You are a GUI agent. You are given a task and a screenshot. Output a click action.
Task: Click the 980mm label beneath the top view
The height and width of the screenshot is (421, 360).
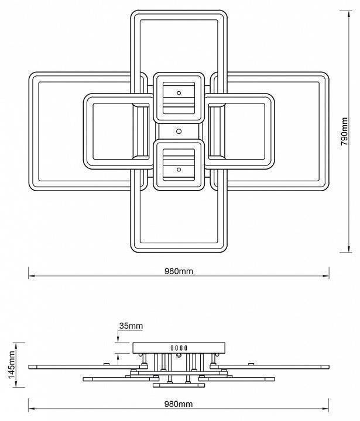(x=179, y=271)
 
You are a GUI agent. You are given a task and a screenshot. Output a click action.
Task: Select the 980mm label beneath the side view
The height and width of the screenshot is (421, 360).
(x=179, y=404)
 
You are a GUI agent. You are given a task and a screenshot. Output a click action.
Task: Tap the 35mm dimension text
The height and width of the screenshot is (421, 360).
(x=131, y=325)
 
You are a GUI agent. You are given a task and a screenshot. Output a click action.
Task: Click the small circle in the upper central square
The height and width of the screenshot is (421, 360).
(x=179, y=92)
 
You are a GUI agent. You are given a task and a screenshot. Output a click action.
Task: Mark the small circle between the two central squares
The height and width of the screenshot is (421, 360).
(x=179, y=130)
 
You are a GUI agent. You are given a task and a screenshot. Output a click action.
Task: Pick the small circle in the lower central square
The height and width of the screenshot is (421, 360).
(x=179, y=169)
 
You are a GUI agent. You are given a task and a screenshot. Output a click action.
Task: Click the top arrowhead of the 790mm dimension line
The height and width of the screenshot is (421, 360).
(x=345, y=13)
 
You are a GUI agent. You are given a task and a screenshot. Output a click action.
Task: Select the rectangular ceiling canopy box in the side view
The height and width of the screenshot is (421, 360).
(x=179, y=348)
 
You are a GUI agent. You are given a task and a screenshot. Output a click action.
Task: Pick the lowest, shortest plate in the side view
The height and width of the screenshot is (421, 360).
(x=179, y=385)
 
